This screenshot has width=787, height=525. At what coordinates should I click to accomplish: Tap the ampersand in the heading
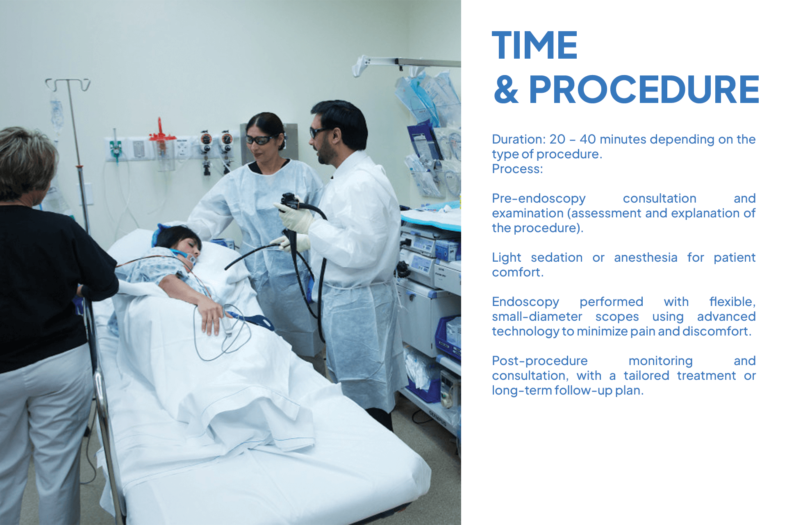tap(506, 90)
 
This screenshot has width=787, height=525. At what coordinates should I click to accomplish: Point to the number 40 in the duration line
tap(587, 139)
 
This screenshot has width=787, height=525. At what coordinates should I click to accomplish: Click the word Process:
tap(517, 169)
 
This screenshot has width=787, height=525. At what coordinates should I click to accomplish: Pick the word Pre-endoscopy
tap(539, 199)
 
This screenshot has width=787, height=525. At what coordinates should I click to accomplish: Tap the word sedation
tap(556, 258)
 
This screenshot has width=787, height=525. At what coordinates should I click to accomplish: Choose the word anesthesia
tap(646, 258)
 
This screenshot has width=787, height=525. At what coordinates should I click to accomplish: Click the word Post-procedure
tap(539, 361)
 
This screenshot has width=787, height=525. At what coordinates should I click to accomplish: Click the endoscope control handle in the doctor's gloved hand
tap(290, 201)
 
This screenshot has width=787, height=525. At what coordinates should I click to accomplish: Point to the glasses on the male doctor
tap(318, 132)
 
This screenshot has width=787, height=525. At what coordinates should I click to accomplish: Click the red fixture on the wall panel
tap(160, 131)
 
